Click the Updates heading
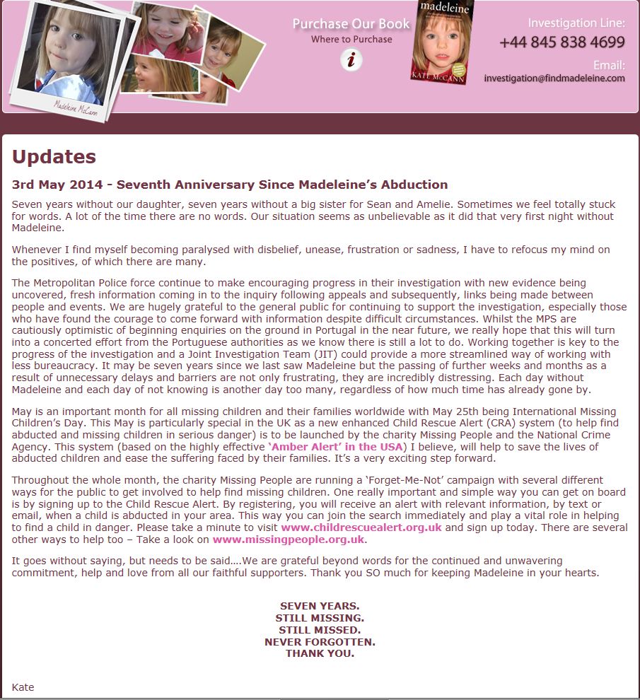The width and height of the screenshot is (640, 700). coord(54,157)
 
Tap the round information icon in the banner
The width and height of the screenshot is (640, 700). coord(351,60)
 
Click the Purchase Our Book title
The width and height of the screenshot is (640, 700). coord(351,24)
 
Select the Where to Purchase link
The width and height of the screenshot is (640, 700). coord(351,40)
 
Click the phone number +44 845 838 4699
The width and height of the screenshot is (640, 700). coord(562,42)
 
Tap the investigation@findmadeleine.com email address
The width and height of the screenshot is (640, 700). coord(554,78)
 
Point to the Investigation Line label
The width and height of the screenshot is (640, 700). coord(576,23)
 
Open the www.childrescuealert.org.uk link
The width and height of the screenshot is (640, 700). coord(361,527)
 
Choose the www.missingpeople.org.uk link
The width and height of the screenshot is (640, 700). coord(289,539)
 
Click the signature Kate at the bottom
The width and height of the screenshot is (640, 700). coord(23,687)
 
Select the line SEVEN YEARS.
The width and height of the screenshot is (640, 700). coord(320,606)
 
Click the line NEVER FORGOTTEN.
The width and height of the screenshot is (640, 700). coord(320,642)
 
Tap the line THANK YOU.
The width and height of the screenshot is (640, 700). coord(320,653)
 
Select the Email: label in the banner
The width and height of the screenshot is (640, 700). coord(609,66)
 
